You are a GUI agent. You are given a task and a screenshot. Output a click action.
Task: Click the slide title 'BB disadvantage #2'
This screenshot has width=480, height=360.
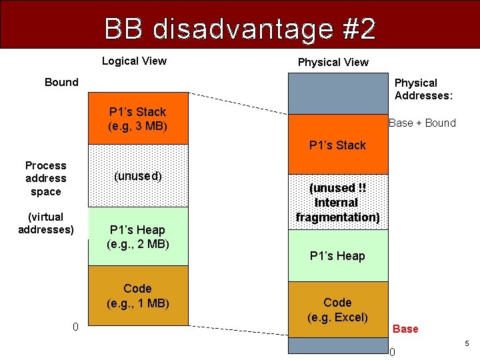pos(240,29)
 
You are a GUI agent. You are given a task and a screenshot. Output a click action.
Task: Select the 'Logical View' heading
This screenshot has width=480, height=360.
pos(134,61)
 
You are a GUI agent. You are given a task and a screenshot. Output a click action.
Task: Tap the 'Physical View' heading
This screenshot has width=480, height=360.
pos(333,63)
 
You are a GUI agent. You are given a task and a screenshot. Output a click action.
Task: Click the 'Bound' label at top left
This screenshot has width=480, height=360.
pos(61,83)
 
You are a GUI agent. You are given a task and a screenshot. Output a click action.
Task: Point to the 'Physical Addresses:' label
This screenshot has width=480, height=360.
pos(423,89)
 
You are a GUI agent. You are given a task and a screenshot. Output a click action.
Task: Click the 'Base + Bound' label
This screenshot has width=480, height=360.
pos(422,123)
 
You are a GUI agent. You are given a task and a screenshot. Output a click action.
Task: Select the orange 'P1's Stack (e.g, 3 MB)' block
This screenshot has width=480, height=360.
pos(138,119)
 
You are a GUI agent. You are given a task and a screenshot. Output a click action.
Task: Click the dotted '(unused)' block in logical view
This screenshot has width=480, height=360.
pos(138,176)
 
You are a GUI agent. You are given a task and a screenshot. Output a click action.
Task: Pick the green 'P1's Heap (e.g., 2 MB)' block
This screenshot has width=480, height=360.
pos(138,237)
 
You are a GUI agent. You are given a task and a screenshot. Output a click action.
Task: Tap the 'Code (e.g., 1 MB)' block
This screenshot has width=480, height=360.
pos(138,295)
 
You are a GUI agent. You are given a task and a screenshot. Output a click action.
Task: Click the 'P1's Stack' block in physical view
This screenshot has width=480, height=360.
pos(337,145)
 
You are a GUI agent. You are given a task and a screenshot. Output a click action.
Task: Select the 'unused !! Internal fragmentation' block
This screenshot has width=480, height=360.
pos(337,202)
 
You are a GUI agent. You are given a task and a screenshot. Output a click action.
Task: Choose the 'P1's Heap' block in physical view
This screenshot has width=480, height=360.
pos(337,256)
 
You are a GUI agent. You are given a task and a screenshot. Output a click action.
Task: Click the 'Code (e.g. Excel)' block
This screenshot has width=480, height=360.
pos(337,310)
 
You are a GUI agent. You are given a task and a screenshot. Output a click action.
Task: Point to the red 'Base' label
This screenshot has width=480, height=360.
pos(405,329)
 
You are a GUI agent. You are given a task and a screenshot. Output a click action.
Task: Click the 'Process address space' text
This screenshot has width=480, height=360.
pos(46,178)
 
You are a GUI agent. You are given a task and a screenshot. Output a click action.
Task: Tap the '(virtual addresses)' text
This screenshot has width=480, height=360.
pos(46,223)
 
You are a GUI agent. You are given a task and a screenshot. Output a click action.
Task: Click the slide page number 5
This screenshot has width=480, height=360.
pos(467,343)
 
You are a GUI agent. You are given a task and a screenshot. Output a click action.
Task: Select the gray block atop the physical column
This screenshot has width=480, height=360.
pos(337,93)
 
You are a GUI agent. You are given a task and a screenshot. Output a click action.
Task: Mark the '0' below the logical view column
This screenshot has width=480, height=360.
pos(75,327)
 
